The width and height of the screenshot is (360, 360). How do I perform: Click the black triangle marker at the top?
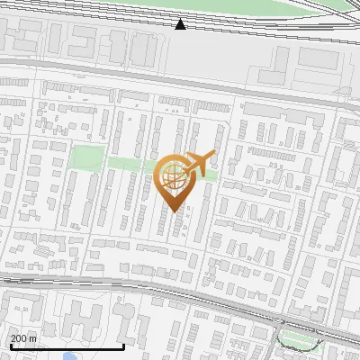[181, 23]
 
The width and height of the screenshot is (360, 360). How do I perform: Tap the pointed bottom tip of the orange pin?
[176, 211]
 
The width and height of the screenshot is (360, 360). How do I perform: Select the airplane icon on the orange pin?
[199, 163]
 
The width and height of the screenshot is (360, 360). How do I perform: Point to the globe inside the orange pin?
[174, 176]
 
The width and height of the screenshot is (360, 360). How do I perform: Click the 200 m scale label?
[23, 338]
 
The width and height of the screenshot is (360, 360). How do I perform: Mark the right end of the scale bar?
[124, 346]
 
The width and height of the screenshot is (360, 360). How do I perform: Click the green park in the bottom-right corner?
[299, 339]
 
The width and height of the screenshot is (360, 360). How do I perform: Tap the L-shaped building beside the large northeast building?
[280, 63]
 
